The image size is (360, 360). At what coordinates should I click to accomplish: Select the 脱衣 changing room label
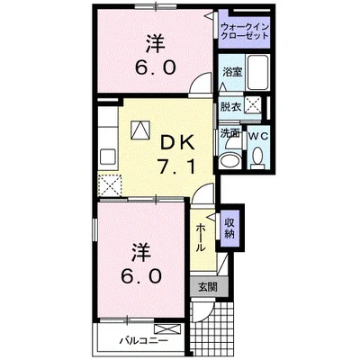pos(231,106)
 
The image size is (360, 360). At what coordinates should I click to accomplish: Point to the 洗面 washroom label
pos(230,134)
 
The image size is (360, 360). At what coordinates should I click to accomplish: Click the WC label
pos(256,135)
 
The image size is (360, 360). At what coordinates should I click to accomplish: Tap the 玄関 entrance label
pos(208,288)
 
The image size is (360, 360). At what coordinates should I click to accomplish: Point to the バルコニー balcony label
pos(139,340)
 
